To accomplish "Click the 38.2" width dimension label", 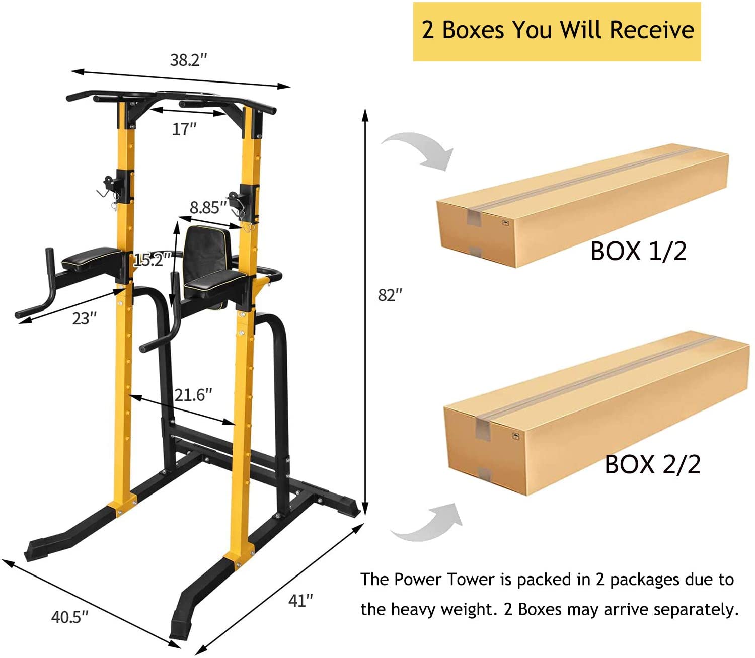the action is click(x=189, y=60).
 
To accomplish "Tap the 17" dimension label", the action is click(x=184, y=129).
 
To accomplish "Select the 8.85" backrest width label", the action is click(x=208, y=207).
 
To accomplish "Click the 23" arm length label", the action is click(x=85, y=318).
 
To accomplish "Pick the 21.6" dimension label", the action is click(x=193, y=395).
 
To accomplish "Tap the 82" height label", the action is click(x=390, y=295).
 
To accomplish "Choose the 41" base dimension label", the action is click(x=300, y=601).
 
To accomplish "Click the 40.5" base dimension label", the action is click(x=70, y=617).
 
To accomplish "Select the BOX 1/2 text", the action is click(x=638, y=252).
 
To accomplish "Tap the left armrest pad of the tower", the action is click(x=91, y=258).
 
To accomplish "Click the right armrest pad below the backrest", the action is click(x=215, y=280).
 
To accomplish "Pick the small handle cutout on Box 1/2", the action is click(x=505, y=223).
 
